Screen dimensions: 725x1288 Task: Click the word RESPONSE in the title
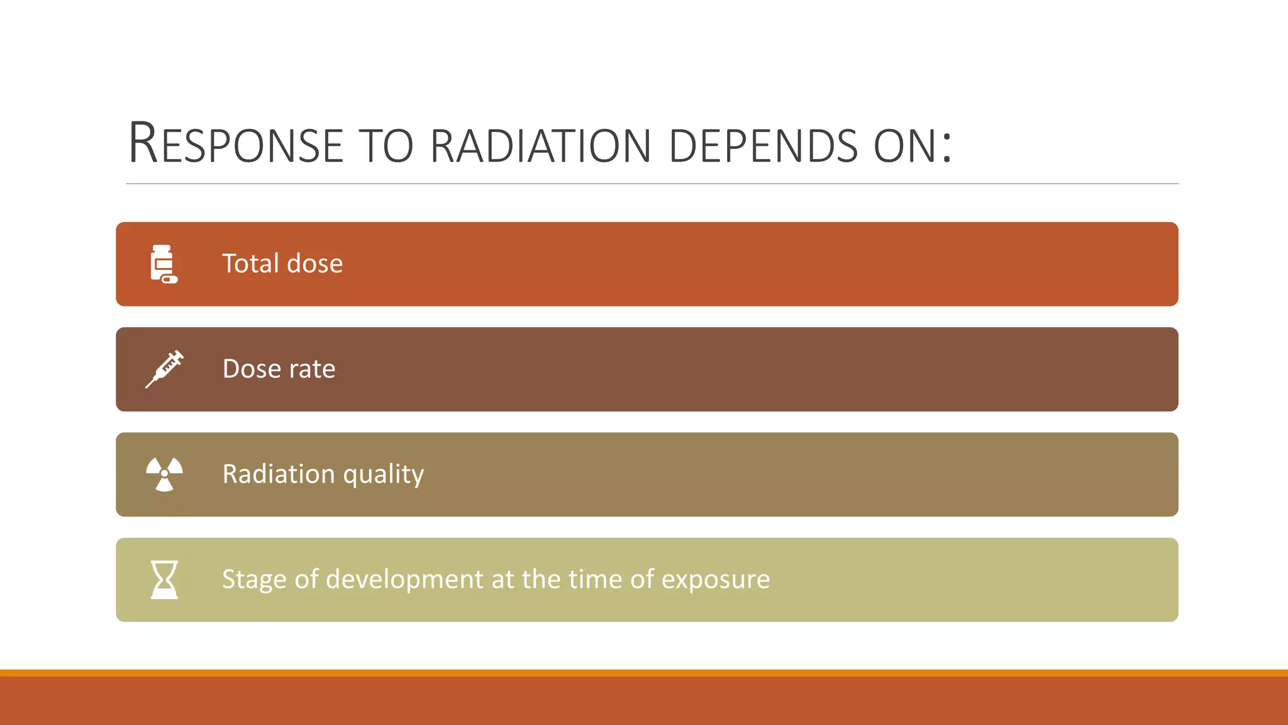(x=236, y=145)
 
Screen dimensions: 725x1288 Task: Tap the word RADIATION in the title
(x=540, y=146)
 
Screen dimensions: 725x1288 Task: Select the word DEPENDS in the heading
(x=763, y=146)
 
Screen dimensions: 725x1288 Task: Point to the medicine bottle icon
(x=164, y=264)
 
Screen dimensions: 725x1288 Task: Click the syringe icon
(x=164, y=369)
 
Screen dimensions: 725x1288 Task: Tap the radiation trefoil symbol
(x=164, y=474)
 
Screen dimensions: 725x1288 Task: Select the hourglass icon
(x=164, y=580)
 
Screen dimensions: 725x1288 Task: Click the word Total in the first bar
(x=250, y=264)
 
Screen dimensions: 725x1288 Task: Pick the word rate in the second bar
(x=312, y=369)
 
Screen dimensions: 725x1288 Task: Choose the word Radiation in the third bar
(x=279, y=474)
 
